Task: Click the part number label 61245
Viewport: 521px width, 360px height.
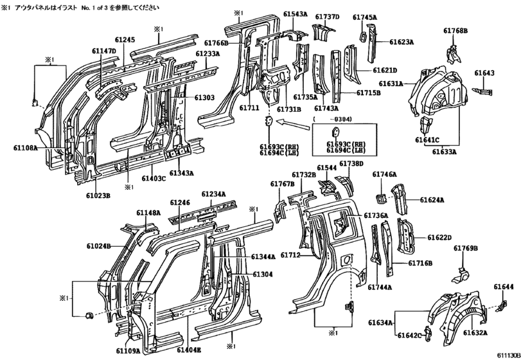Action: click(125, 40)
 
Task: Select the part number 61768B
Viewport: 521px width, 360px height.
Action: click(455, 31)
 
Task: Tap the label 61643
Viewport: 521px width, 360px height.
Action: click(484, 73)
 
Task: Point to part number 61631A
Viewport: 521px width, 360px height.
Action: click(391, 84)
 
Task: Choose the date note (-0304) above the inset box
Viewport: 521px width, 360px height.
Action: click(332, 119)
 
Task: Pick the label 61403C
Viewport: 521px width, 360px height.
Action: click(154, 179)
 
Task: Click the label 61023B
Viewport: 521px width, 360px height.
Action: click(98, 195)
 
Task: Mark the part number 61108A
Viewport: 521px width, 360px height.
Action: click(26, 148)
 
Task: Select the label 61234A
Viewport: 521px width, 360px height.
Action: click(214, 194)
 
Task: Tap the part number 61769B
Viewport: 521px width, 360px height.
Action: click(466, 248)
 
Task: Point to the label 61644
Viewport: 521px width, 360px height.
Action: click(504, 287)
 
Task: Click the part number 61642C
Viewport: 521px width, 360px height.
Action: click(409, 336)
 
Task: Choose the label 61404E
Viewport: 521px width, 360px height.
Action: click(189, 350)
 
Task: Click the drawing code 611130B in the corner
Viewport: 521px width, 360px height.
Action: click(508, 355)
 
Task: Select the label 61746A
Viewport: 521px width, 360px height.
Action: click(384, 174)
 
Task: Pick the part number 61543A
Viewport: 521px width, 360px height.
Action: click(296, 14)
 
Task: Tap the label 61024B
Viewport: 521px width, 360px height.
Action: click(99, 246)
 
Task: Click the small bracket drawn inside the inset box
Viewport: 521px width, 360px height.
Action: click(335, 132)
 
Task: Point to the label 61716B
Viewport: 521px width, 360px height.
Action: click(420, 264)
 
